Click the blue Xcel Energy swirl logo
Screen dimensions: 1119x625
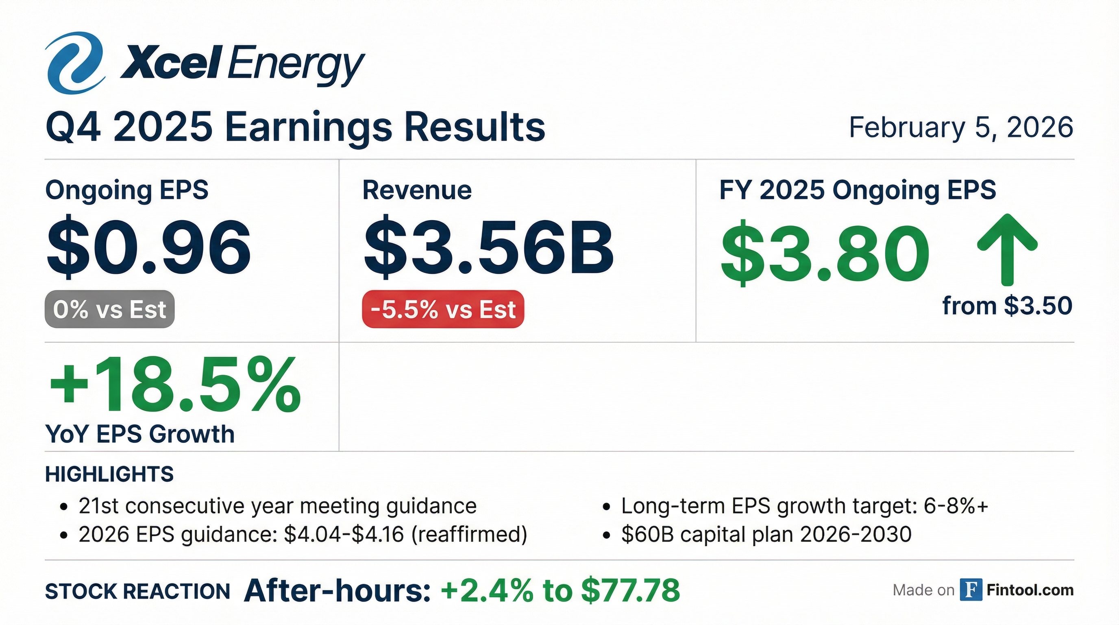point(75,63)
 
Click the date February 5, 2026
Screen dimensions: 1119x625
point(961,127)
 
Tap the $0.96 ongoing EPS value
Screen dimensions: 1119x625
point(148,247)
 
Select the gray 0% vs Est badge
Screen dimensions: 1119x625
point(109,309)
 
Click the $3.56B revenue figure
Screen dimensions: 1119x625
point(488,247)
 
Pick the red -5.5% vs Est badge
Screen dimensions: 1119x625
point(443,309)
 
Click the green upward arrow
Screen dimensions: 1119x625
point(1007,249)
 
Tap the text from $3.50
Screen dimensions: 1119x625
point(1007,306)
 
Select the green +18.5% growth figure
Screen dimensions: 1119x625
point(174,385)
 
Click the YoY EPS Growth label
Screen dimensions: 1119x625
point(140,434)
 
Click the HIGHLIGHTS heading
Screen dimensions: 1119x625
point(109,474)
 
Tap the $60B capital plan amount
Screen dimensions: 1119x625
point(647,535)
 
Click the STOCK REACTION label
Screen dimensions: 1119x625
point(138,592)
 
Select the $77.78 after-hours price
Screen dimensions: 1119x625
point(630,590)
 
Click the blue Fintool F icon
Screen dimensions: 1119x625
point(971,590)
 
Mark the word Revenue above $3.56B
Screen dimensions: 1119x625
point(417,190)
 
